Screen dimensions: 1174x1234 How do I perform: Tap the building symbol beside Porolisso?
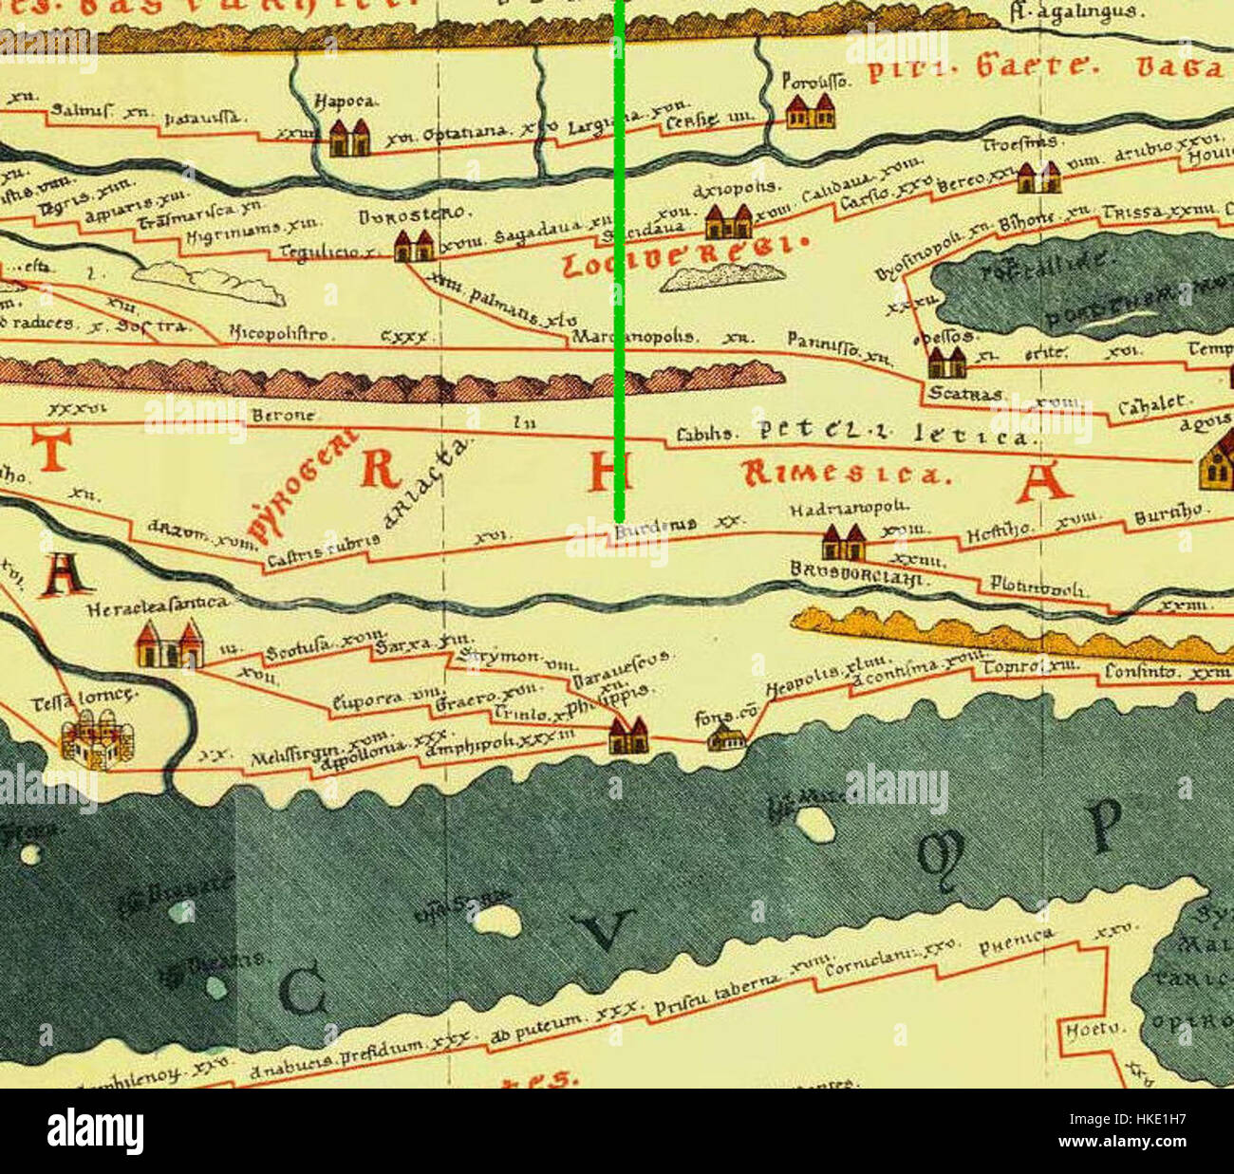[811, 112]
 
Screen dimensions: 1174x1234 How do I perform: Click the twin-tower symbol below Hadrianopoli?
[843, 543]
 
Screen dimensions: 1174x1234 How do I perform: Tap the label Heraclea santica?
[158, 605]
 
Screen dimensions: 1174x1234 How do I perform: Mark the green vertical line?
[619, 266]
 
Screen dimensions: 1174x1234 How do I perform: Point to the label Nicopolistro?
[282, 334]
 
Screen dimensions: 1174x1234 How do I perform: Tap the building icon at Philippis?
[627, 735]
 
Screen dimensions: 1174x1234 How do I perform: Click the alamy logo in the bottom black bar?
[95, 1131]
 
